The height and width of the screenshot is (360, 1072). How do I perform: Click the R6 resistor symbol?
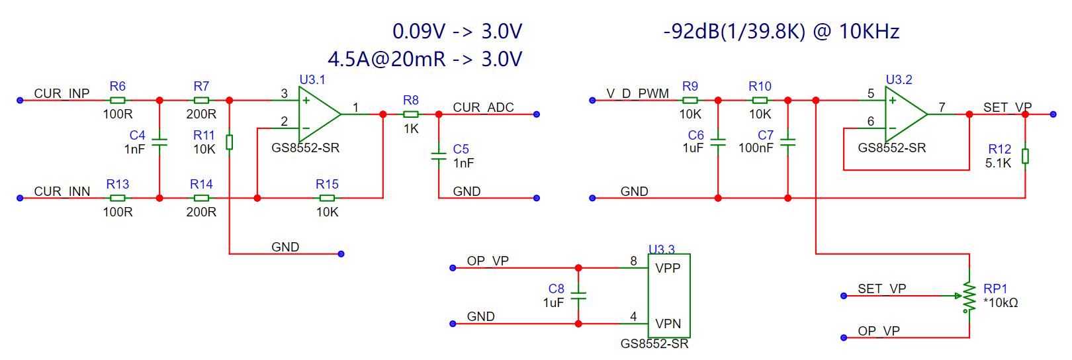(118, 101)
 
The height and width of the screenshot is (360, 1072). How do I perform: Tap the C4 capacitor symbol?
(159, 142)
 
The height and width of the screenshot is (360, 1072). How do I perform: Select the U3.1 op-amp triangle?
(320, 114)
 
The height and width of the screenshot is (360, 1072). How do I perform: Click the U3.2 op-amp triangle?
(907, 114)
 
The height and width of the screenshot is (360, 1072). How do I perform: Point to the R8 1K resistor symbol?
(411, 114)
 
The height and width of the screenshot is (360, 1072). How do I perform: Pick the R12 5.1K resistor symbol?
(1025, 156)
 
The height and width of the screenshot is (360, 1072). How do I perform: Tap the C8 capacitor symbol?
(578, 296)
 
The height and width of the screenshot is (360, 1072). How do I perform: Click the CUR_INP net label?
(62, 93)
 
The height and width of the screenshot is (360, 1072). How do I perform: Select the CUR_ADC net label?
(483, 107)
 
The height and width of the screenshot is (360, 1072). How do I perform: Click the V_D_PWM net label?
(637, 93)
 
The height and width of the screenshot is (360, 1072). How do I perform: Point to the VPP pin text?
(668, 268)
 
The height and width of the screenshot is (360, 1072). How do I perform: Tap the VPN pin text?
(668, 324)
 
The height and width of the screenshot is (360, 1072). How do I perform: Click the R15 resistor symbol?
(327, 198)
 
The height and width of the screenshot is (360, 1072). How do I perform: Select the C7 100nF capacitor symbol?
(787, 142)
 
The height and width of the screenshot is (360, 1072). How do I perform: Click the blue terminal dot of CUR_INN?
(20, 198)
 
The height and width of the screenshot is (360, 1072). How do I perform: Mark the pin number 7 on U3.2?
(942, 107)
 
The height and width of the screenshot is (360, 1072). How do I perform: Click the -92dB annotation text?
(781, 32)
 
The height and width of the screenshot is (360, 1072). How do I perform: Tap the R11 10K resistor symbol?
(229, 142)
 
